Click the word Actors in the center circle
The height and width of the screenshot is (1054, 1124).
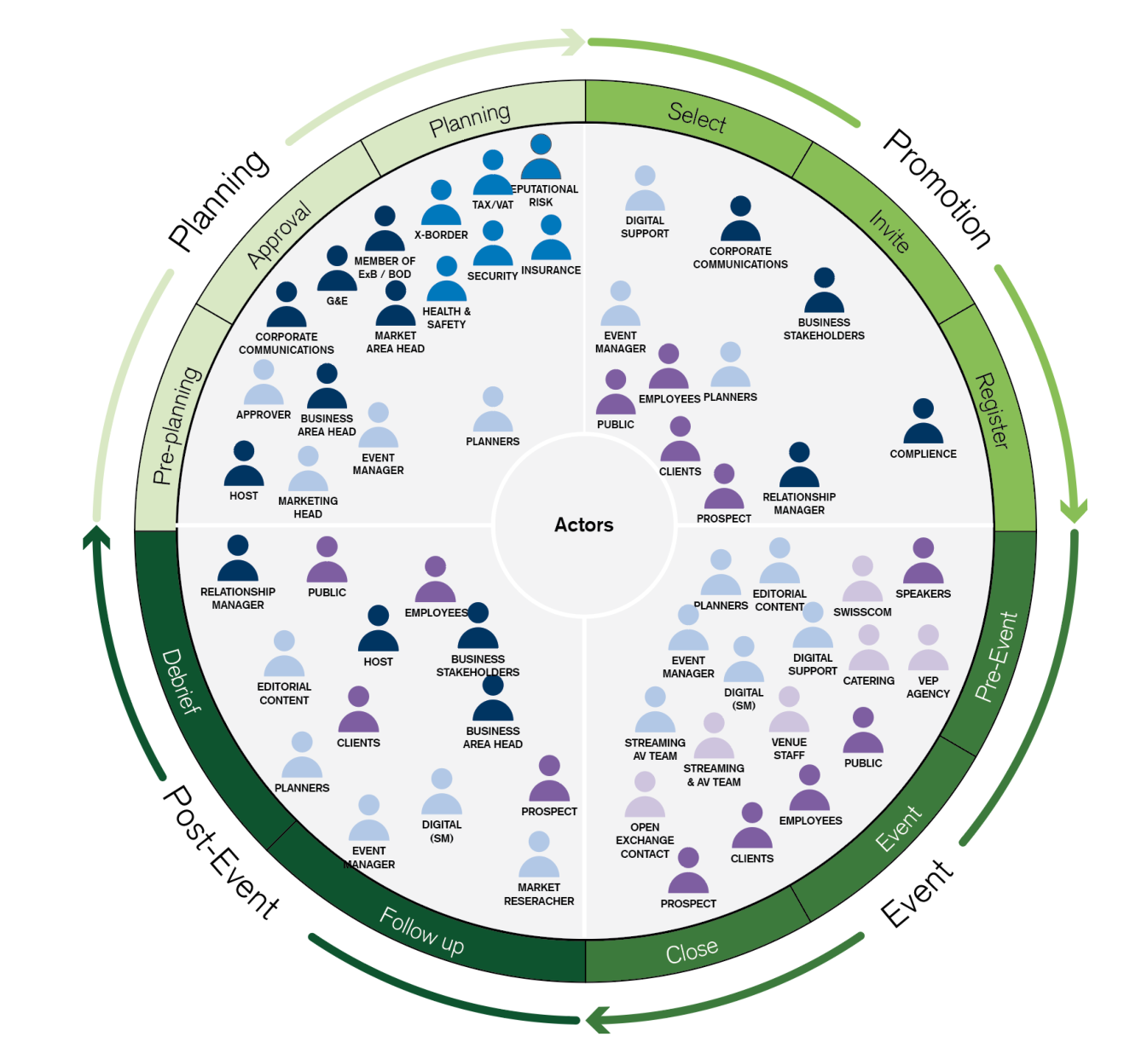584,524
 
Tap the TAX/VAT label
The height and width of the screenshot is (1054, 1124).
493,205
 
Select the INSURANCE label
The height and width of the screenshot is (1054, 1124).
551,270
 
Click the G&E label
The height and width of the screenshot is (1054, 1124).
337,301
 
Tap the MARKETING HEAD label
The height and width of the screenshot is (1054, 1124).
308,507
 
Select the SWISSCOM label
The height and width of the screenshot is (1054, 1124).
862,612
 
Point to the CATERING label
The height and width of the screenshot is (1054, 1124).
868,680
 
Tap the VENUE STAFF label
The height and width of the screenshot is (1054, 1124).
789,749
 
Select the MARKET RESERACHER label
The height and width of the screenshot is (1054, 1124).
539,895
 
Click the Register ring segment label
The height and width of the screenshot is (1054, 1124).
992,410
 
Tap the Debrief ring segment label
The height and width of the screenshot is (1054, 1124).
182,680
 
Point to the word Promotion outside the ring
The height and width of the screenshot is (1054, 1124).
936,189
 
